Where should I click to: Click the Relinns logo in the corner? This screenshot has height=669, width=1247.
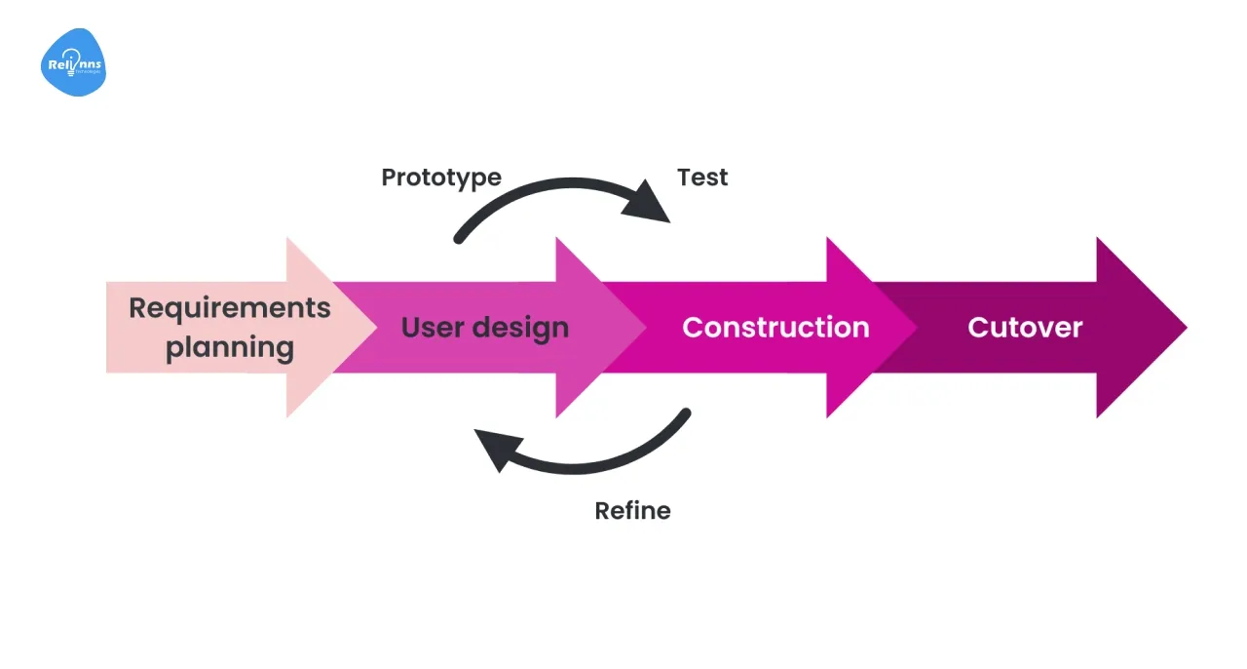coord(73,63)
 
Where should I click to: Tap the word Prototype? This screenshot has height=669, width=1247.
coord(441,177)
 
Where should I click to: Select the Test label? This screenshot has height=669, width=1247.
coord(702,177)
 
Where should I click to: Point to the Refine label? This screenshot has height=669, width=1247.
coord(632,510)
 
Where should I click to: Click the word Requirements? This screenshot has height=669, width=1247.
coord(230,308)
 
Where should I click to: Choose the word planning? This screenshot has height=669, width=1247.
coord(230,348)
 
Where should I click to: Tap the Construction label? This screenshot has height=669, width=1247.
coord(775,327)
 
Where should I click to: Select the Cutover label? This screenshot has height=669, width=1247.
coord(1025,327)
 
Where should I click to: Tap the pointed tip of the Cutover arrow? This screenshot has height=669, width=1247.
coord(1184,328)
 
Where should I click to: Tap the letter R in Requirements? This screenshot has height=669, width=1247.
coord(137,308)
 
